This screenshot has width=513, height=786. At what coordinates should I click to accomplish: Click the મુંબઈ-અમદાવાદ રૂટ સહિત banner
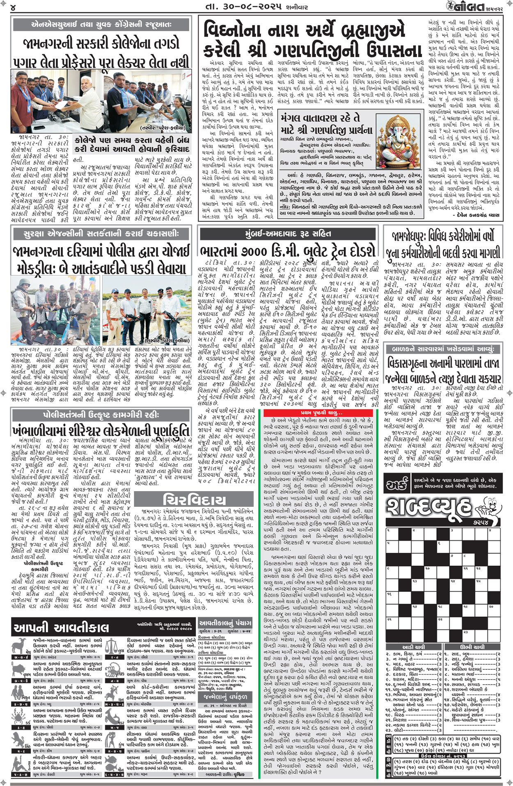tap(288, 234)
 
